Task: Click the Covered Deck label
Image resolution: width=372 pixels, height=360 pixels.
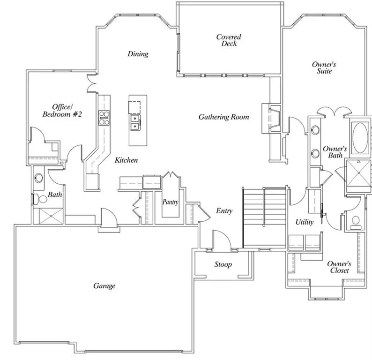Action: [x=229, y=40]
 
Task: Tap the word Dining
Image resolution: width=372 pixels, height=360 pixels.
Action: [x=138, y=54]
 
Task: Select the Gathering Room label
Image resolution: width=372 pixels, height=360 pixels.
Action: [x=223, y=117]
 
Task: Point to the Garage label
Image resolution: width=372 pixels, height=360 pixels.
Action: [x=104, y=285]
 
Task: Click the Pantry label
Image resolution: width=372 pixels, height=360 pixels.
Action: [x=170, y=202]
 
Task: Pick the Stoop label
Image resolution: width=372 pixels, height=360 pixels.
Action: [x=223, y=264]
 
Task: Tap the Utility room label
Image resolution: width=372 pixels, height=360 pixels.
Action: [x=305, y=222]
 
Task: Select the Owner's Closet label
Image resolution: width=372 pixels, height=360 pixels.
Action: [x=339, y=267]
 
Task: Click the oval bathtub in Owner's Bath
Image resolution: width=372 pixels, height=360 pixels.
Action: [x=360, y=137]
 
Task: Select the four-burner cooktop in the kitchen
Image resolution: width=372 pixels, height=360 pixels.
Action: [x=104, y=118]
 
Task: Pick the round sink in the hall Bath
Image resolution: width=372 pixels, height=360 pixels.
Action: [x=39, y=178]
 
